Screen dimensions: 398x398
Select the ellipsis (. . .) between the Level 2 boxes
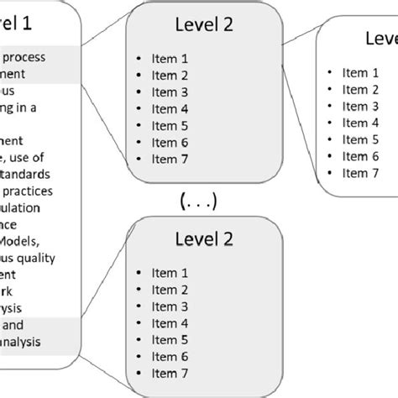pos(199,201)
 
